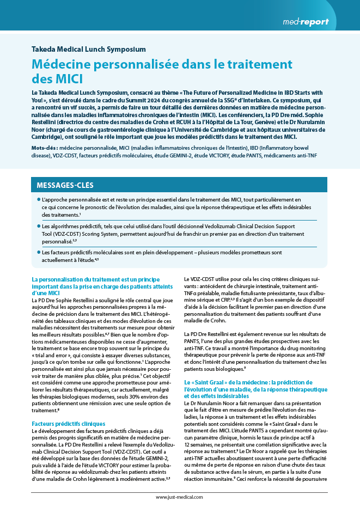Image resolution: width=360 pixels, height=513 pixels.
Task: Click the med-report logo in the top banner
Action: point(306,22)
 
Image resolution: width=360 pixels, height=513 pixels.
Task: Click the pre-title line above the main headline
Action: point(89,49)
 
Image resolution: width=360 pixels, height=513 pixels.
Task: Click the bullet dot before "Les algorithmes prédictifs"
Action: point(38,226)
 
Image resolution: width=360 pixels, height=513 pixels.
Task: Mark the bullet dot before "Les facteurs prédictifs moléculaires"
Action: point(38,253)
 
